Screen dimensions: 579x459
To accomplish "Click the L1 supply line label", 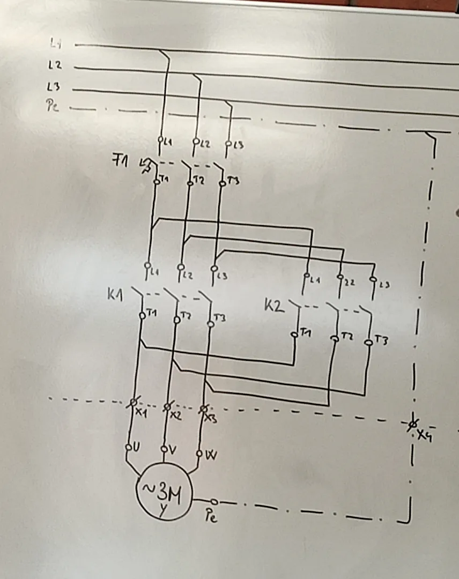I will click(56, 42).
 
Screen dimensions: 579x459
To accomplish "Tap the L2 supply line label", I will click(55, 65).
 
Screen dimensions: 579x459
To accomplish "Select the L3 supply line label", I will click(54, 86).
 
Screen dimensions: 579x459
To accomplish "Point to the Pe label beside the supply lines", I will click(53, 106).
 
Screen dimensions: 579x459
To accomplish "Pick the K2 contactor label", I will click(273, 306).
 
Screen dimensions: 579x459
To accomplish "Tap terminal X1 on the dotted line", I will click(134, 403).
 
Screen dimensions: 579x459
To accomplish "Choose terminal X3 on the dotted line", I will click(203, 410).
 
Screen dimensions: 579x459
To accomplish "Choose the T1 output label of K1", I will click(151, 314).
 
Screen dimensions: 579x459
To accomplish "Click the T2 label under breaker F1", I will click(198, 181).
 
